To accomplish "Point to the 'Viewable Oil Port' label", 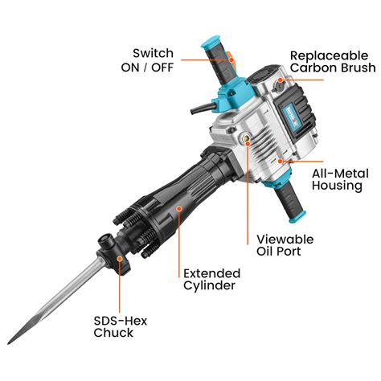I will coord(285,247).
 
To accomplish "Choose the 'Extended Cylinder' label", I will coord(212,279).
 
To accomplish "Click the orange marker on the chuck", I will coord(120,260).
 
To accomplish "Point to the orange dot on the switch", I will coord(231,56).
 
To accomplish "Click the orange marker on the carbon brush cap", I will coord(281,81).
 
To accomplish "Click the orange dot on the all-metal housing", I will coord(281,161).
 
